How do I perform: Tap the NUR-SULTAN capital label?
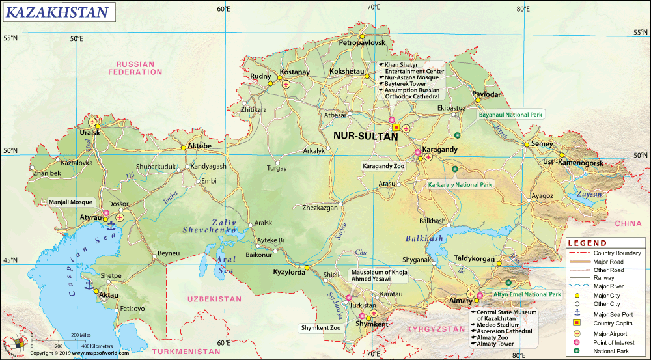tap(365, 137)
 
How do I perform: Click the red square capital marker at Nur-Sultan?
tap(396, 127)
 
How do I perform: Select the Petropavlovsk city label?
tap(363, 42)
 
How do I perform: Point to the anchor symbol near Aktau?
tap(89, 284)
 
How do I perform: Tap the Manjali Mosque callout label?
tap(71, 202)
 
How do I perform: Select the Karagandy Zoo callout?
tap(383, 166)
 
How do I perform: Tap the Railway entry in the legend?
tap(603, 277)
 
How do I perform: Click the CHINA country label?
tap(628, 223)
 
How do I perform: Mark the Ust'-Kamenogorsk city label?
tap(574, 162)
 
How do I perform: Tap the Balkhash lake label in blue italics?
tap(424, 238)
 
